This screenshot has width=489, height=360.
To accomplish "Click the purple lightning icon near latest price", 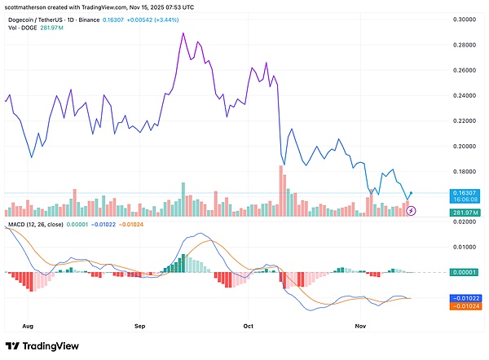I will (412, 211).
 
